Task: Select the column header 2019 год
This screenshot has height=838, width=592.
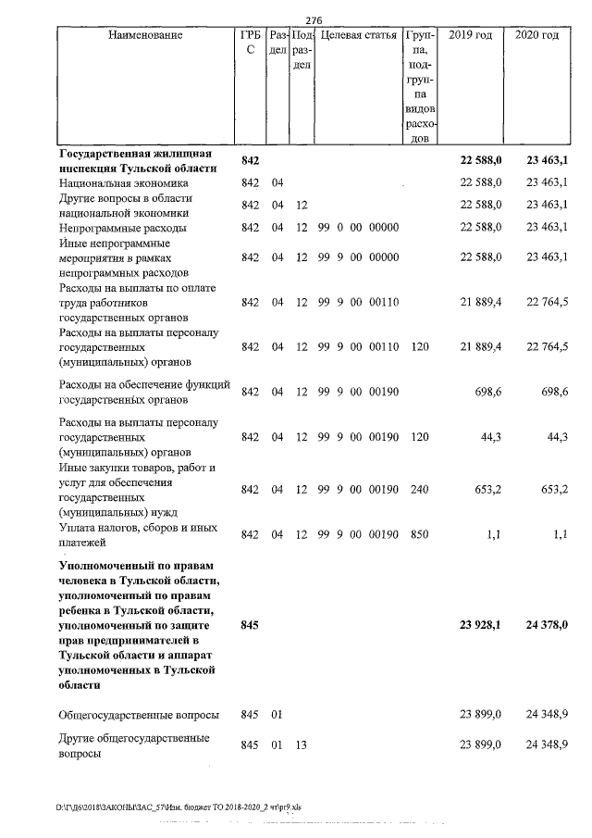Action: [470, 36]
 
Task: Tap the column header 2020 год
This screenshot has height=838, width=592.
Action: [536, 36]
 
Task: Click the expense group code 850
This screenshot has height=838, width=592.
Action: [419, 534]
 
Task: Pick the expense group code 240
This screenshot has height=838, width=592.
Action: [419, 489]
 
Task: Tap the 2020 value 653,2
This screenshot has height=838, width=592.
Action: [552, 489]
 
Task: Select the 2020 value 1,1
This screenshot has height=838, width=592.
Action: [559, 534]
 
